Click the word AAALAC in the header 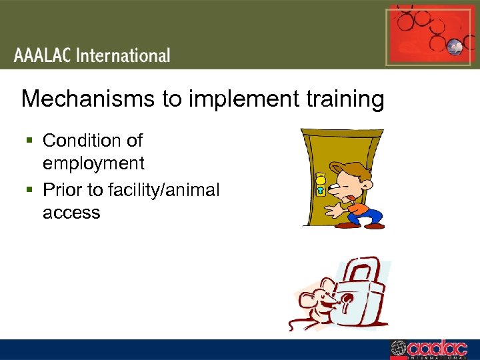43,55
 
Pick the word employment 93,163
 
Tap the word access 71,213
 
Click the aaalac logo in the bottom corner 433,349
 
